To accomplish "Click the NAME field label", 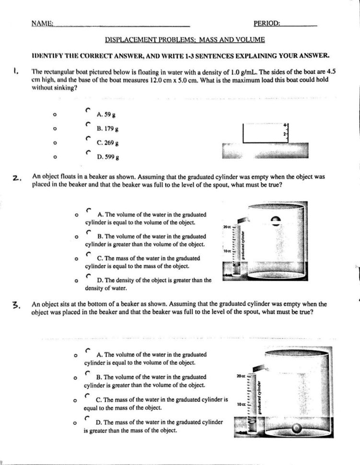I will (42, 23).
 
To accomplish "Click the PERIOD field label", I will (267, 23).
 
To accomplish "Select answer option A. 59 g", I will (104, 115).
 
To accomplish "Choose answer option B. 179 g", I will (107, 128).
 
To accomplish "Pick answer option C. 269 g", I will (107, 142).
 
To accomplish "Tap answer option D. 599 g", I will (108, 156).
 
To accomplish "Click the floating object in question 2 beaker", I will (276, 221).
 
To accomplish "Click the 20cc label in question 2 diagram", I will (227, 226).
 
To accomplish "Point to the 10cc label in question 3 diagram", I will (241, 405).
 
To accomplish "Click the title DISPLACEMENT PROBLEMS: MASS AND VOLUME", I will (185, 40).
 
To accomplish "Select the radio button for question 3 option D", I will (87, 418).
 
